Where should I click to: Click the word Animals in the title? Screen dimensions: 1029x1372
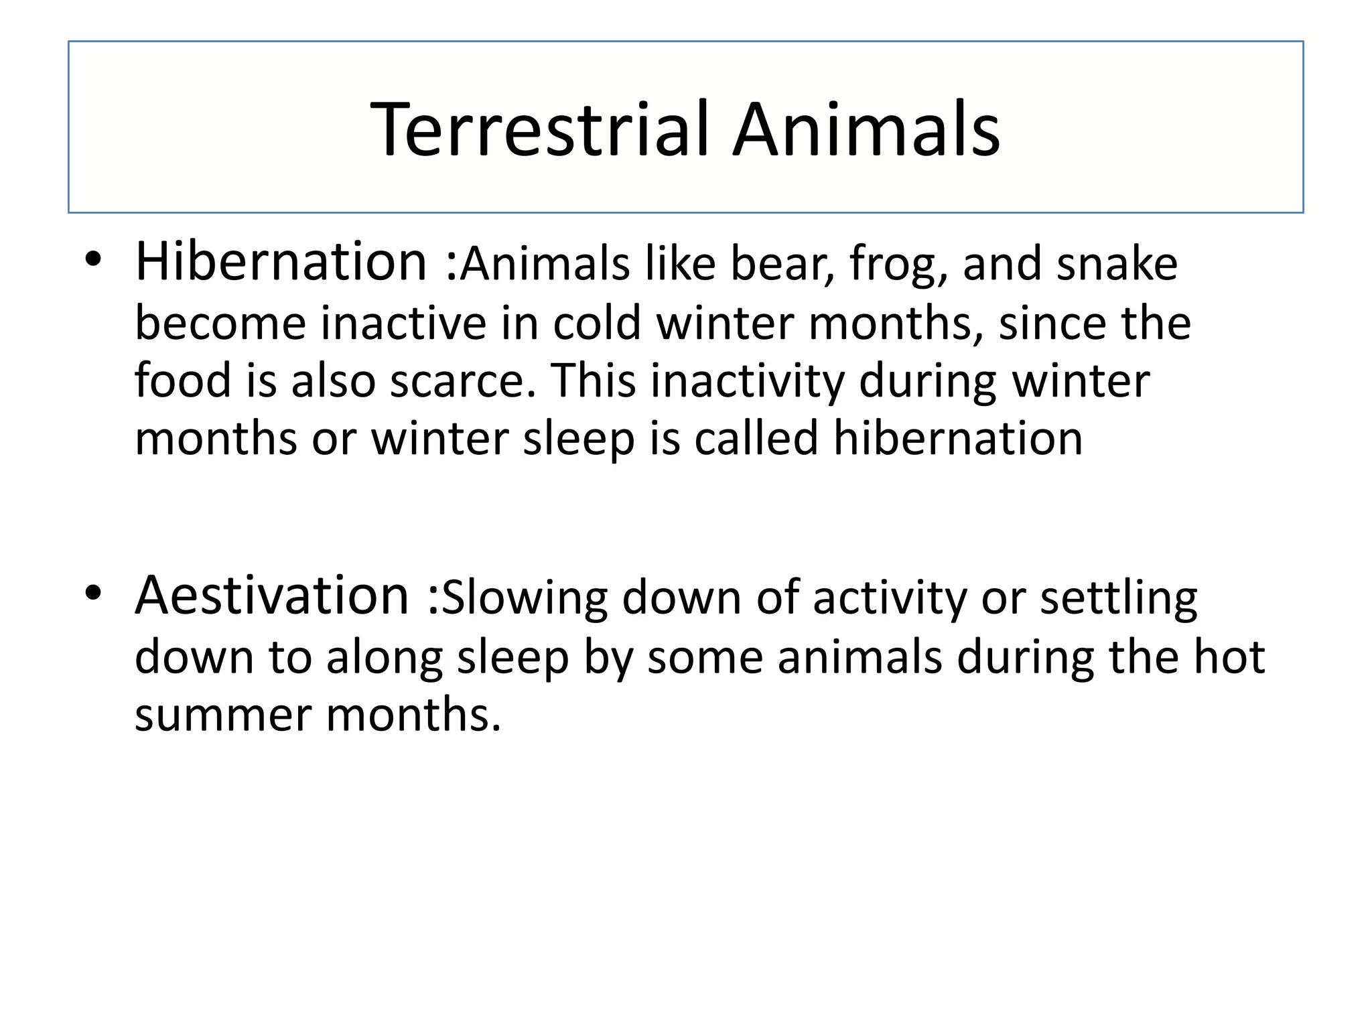coord(866,129)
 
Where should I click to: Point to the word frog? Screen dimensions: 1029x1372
coord(898,265)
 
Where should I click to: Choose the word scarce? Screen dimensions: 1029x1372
coord(463,381)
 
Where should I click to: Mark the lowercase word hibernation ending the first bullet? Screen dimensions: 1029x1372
coord(957,438)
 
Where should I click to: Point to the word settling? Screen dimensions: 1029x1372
coord(1118,598)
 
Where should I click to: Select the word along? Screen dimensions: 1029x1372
coord(385,657)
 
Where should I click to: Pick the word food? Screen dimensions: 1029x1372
coord(183,381)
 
